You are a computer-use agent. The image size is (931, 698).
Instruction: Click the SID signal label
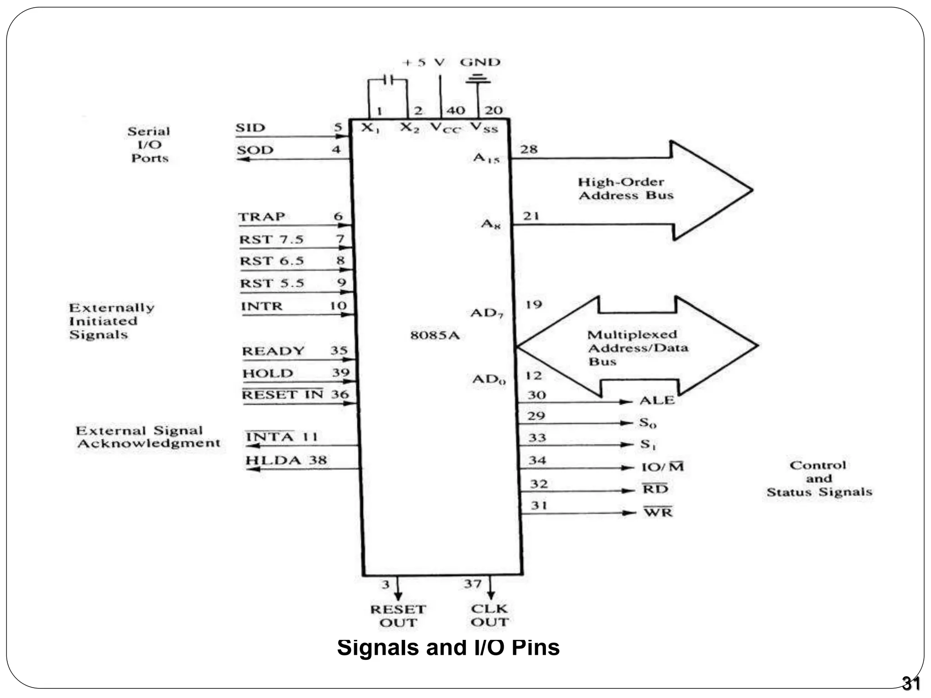(250, 128)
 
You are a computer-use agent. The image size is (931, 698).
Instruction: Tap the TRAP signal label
(262, 217)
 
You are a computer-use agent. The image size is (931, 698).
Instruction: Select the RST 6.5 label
(271, 261)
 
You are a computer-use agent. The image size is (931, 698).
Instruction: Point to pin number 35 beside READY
(339, 350)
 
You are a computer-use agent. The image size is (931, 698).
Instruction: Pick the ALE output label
(657, 400)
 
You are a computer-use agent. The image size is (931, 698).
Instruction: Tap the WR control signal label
(658, 513)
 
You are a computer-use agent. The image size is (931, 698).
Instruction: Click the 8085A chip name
(435, 336)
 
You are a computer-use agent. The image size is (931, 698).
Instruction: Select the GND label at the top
(480, 62)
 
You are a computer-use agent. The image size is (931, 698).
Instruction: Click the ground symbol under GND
(478, 80)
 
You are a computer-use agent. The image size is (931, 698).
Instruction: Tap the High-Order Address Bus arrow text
(626, 189)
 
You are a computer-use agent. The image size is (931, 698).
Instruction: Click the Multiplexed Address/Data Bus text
(637, 348)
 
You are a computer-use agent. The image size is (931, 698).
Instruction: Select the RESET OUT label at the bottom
(398, 616)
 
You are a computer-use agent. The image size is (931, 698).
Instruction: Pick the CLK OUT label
(490, 615)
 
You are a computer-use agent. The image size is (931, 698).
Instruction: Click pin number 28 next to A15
(529, 149)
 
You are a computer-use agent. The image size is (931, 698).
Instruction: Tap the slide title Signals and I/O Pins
(448, 647)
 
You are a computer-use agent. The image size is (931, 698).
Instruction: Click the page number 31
(911, 683)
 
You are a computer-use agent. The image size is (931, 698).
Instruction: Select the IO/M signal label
(662, 467)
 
